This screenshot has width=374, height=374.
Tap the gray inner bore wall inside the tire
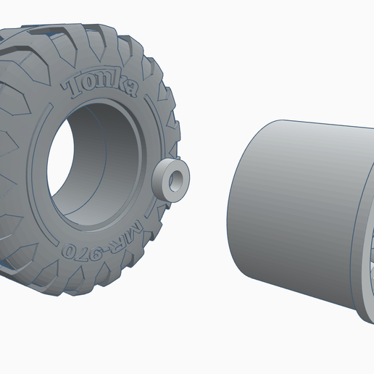pos(109,159)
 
